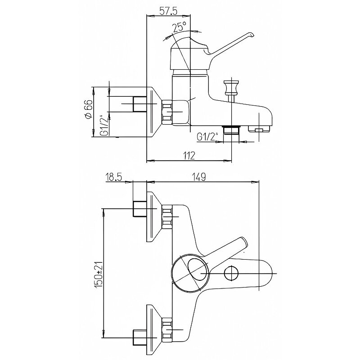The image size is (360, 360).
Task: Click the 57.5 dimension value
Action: pos(167,11)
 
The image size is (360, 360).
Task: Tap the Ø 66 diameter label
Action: pos(89,109)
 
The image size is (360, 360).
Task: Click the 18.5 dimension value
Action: pos(113,177)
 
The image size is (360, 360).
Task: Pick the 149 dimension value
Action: pos(198,177)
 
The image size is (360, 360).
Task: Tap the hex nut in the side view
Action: pos(167,112)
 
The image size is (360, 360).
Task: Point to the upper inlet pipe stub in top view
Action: pos(140,209)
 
